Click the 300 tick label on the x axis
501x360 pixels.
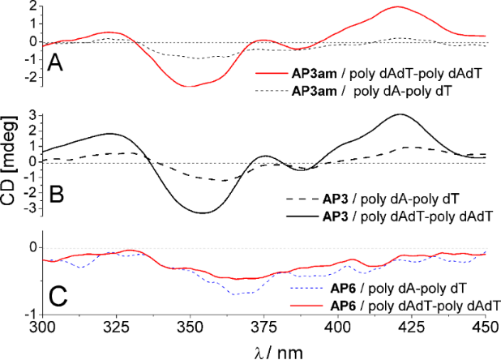42,328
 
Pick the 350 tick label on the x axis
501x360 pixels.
190,328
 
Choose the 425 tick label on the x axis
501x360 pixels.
411,328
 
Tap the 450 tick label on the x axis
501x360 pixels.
485,328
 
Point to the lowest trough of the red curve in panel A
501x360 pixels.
191,86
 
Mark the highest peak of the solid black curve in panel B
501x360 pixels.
400,114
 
